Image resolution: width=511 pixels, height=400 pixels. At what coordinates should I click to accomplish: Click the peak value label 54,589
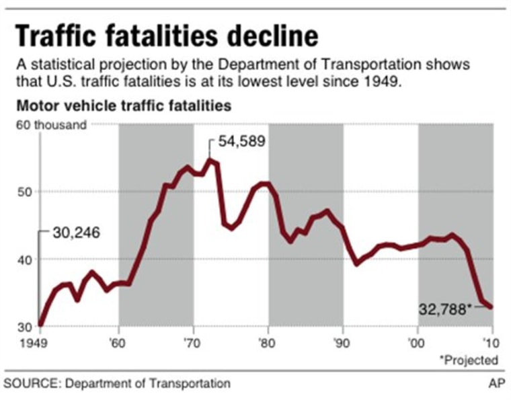241,141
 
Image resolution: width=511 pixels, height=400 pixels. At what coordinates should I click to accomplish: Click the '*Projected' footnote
469,360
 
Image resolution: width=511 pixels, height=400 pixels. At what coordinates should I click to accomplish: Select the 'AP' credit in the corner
496,383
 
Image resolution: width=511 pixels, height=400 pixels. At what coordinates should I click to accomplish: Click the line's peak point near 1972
210,159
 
